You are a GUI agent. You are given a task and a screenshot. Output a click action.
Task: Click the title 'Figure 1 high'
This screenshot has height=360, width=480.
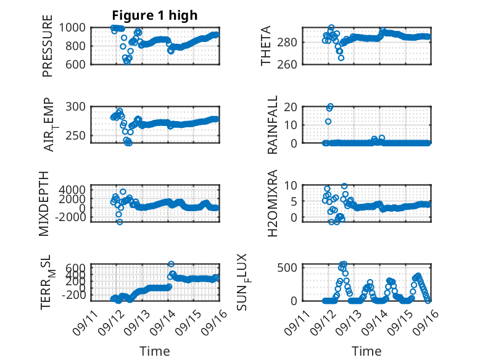coord(155,15)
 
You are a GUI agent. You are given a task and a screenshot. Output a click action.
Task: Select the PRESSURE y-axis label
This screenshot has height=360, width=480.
coord(48,46)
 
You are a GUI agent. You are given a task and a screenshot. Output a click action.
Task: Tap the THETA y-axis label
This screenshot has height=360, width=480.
coord(266,46)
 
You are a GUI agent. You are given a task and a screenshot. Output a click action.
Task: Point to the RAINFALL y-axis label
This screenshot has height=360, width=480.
coord(272,125)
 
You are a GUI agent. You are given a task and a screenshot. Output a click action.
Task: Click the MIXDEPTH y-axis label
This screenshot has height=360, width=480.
coord(44,204)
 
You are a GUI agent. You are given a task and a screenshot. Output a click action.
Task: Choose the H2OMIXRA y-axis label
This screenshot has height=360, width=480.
coord(272,203)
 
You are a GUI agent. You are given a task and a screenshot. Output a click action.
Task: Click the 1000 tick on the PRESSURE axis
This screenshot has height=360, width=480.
coord(72,28)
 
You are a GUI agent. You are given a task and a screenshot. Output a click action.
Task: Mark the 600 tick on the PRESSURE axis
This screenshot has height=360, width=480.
coord(76,64)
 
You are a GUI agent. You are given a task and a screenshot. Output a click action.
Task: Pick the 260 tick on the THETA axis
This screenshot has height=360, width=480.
coord(287,64)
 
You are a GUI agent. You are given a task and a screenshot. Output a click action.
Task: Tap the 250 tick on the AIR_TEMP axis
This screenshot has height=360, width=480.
coord(76,135)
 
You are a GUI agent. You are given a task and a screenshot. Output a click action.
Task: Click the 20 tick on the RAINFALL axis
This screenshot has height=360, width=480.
coord(291,107)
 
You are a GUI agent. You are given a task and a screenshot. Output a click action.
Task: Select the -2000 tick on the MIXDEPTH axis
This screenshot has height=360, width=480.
coord(72,217)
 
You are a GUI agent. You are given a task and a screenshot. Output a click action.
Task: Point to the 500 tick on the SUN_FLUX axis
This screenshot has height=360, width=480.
coord(287,267)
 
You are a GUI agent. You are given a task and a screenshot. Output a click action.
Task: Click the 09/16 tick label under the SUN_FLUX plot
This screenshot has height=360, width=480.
coord(426,322)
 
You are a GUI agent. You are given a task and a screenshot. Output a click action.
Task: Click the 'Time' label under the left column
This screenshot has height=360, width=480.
coord(155,351)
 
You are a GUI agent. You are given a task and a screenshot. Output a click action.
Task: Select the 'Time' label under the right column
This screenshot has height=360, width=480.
coord(366,351)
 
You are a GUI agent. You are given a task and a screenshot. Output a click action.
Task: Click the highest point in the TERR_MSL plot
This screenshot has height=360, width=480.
coord(171,264)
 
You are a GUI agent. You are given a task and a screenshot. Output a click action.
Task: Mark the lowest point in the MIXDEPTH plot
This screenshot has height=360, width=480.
coord(120,222)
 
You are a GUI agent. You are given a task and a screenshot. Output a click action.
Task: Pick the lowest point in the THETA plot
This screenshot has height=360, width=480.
coord(341,58)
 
